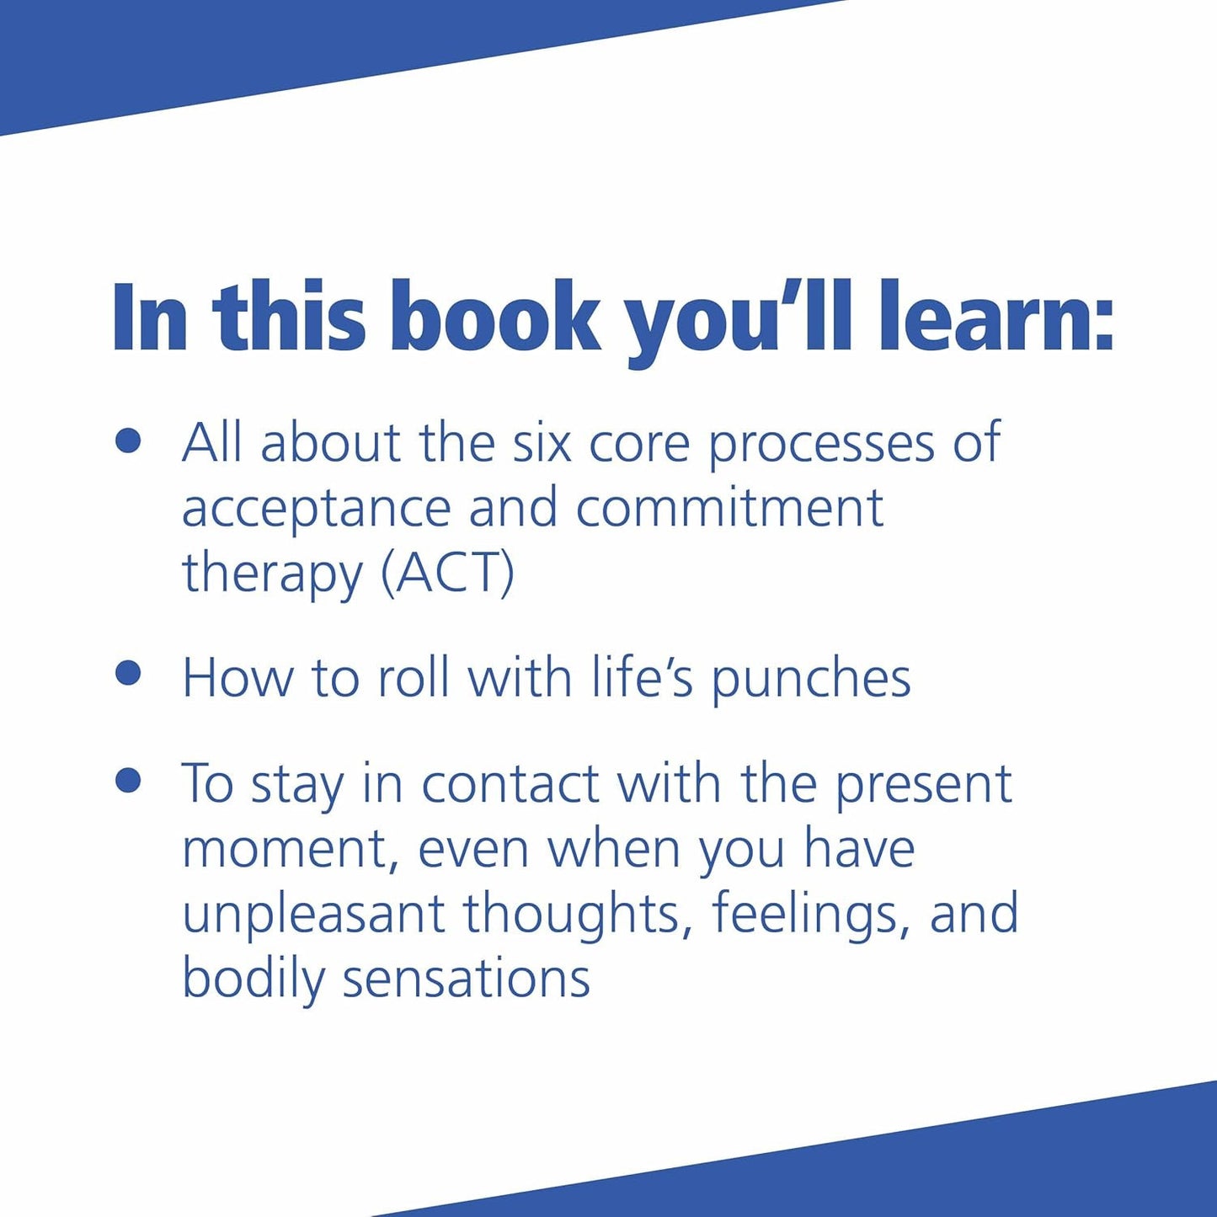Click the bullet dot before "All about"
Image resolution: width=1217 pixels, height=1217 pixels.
click(x=128, y=440)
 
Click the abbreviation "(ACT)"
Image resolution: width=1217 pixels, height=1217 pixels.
click(x=447, y=574)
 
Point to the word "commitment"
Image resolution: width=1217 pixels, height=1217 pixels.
click(x=729, y=508)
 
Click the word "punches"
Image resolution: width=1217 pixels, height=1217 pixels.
click(x=811, y=680)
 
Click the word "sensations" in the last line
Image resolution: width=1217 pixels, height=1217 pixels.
click(x=466, y=979)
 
